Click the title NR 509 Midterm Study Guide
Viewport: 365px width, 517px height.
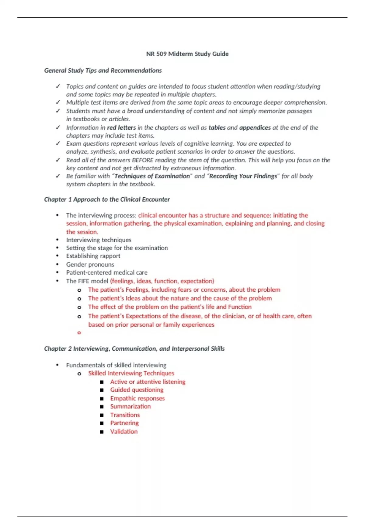pyautogui.click(x=187, y=54)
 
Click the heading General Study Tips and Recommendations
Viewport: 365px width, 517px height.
pyautogui.click(x=103, y=71)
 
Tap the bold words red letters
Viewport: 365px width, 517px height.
pyautogui.click(x=121, y=128)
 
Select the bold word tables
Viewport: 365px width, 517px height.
pyautogui.click(x=217, y=128)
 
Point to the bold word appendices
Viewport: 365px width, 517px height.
pyautogui.click(x=255, y=128)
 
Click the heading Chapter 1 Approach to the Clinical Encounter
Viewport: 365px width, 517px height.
pyautogui.click(x=107, y=200)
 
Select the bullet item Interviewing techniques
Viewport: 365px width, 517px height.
pyautogui.click(x=99, y=240)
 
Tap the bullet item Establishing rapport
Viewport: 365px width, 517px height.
pyautogui.click(x=93, y=256)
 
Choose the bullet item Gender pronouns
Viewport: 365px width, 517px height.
pyautogui.click(x=90, y=265)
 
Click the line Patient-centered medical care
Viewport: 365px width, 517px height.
pyautogui.click(x=106, y=272)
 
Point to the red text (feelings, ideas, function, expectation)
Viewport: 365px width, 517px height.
pyautogui.click(x=162, y=281)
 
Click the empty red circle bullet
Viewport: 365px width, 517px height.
pyautogui.click(x=79, y=333)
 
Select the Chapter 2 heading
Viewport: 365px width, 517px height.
pyautogui.click(x=134, y=349)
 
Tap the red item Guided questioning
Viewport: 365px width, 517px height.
pyautogui.click(x=137, y=390)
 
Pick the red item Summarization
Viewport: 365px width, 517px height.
pyautogui.click(x=130, y=407)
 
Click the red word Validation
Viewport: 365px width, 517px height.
pyautogui.click(x=124, y=432)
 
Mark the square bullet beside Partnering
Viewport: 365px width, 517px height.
pyautogui.click(x=102, y=423)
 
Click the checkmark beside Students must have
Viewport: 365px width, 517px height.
pyautogui.click(x=58, y=111)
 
